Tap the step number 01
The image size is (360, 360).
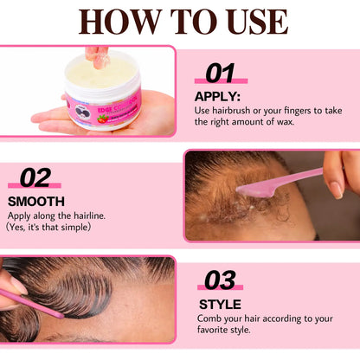220,73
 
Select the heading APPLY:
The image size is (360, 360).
217,97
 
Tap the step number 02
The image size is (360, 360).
35,178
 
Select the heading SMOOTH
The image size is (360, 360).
36,202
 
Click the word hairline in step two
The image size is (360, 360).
89,215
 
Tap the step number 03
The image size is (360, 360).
220,280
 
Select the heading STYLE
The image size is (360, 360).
220,305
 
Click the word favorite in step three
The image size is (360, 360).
209,330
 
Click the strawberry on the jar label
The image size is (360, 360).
102,119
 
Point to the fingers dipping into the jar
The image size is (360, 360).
98,58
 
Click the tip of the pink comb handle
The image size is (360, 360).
61,316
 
